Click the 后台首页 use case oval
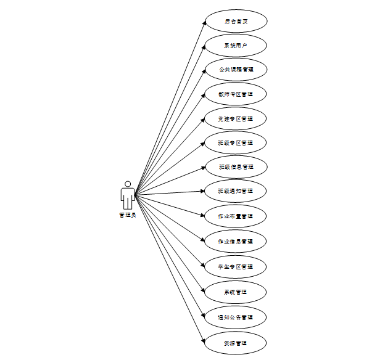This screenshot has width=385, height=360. point(235,20)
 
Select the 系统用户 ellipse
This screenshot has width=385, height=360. point(235,45)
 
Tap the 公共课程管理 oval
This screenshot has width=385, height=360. point(235,70)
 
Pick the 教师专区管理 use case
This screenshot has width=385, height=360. point(235,94)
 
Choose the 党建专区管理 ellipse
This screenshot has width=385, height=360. point(235,118)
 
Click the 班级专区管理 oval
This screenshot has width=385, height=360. point(235,142)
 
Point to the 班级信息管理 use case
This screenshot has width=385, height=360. point(235,166)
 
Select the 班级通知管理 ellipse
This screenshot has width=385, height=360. point(235,191)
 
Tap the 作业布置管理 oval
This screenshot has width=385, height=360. point(235,216)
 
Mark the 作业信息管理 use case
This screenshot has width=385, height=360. point(235,241)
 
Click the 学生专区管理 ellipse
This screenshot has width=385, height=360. point(235,266)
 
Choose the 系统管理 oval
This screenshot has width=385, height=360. point(235,292)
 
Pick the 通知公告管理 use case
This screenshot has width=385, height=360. point(235,317)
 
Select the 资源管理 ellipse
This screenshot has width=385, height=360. point(235,343)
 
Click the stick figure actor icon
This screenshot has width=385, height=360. point(128,195)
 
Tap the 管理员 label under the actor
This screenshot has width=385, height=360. point(128,215)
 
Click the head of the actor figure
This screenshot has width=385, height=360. point(128,184)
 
